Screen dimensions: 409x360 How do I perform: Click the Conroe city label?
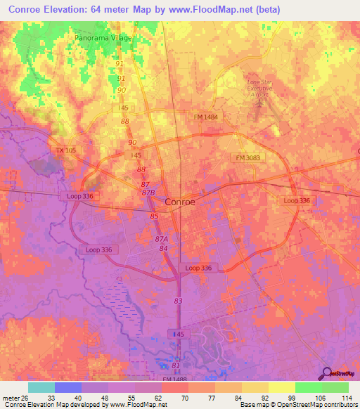coord(179,201)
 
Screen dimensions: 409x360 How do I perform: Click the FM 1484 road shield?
coord(208,117)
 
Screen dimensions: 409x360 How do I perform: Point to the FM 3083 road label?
coord(247,158)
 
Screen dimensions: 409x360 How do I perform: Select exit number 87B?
coord(148,192)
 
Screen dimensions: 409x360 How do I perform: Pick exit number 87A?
coord(161,240)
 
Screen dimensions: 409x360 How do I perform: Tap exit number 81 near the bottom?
coord(175,366)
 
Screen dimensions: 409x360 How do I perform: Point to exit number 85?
coord(154,216)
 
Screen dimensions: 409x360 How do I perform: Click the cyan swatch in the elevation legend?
coord(41,387)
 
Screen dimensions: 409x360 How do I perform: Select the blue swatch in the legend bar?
coord(68,387)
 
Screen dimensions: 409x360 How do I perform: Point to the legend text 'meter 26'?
coord(15,398)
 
